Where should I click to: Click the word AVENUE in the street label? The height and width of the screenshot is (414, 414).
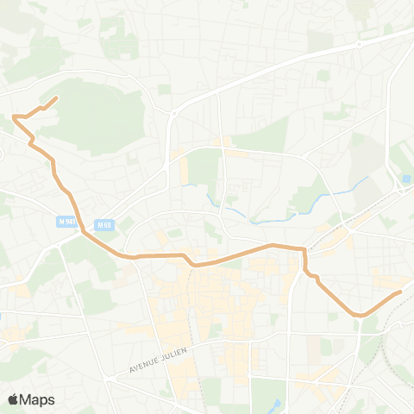pyautogui.click(x=144, y=366)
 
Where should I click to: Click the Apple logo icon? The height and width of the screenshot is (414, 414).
pyautogui.click(x=13, y=399)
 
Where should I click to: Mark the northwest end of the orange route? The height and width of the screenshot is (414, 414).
pyautogui.click(x=57, y=98)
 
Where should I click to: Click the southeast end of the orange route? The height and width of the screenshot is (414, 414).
pyautogui.click(x=401, y=292)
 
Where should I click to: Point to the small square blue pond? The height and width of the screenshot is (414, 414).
pyautogui.click(x=405, y=179)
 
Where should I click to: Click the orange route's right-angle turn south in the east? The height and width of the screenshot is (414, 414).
pyautogui.click(x=304, y=250)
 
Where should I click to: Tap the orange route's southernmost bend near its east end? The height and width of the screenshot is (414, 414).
pyautogui.click(x=358, y=316)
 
